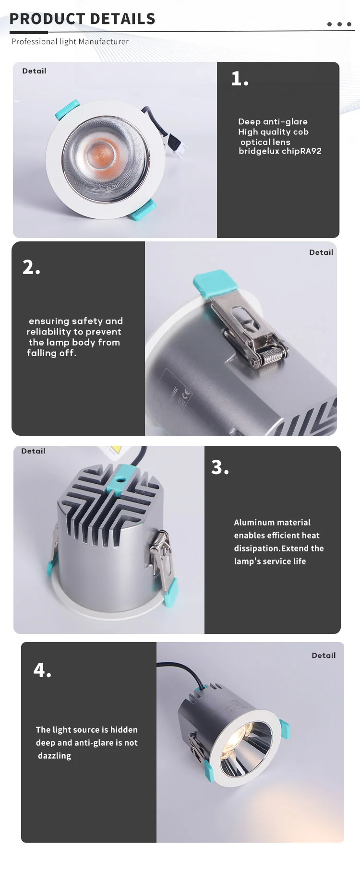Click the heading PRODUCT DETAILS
(x=83, y=19)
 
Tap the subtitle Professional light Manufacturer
(x=70, y=42)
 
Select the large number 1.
(x=240, y=79)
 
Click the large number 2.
(x=31, y=267)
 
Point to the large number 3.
(x=220, y=467)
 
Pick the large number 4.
(x=42, y=670)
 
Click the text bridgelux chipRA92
(x=280, y=151)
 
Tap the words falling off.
(x=51, y=353)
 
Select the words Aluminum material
(x=272, y=523)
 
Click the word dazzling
(x=54, y=756)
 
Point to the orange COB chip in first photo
(x=102, y=152)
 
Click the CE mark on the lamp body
(x=186, y=394)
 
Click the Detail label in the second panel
(x=321, y=252)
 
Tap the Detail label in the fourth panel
(x=324, y=656)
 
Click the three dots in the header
(x=339, y=24)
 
